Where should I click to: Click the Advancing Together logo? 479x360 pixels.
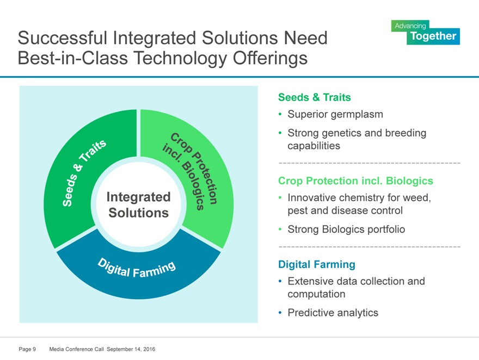pyautogui.click(x=425, y=32)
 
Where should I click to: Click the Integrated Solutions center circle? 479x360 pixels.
pyautogui.click(x=138, y=204)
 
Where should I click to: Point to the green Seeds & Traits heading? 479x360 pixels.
pyautogui.click(x=315, y=97)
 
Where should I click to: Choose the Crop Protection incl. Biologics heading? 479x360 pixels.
pyautogui.click(x=355, y=181)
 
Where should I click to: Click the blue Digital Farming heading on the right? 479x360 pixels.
pyautogui.click(x=317, y=264)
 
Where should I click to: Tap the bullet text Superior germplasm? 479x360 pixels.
pyautogui.click(x=335, y=114)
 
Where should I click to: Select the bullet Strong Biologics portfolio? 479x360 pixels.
pyautogui.click(x=346, y=229)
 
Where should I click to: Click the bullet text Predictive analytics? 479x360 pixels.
pyautogui.click(x=333, y=313)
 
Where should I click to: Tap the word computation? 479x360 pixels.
pyautogui.click(x=316, y=294)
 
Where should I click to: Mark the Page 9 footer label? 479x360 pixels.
pyautogui.click(x=27, y=349)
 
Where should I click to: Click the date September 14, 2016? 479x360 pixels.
pyautogui.click(x=131, y=349)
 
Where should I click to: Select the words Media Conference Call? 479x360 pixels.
pyautogui.click(x=76, y=349)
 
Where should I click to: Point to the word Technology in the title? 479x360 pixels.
pyautogui.click(x=180, y=58)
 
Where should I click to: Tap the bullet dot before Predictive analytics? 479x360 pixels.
pyautogui.click(x=280, y=313)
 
